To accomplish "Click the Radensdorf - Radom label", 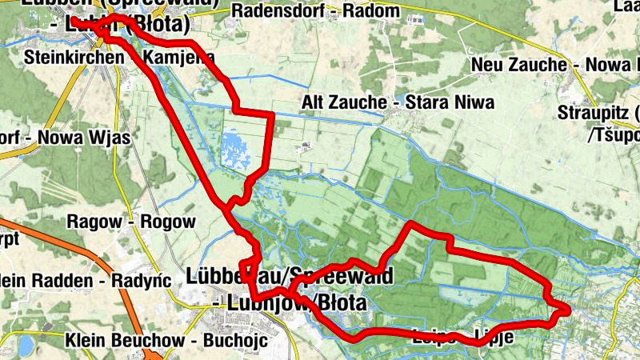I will click(x=314, y=11).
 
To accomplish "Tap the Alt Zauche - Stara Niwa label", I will click(x=398, y=102).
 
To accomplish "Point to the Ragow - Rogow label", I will click(x=132, y=221).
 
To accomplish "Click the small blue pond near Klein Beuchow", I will click(x=26, y=345).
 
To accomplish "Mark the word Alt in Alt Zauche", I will click(x=313, y=102).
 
